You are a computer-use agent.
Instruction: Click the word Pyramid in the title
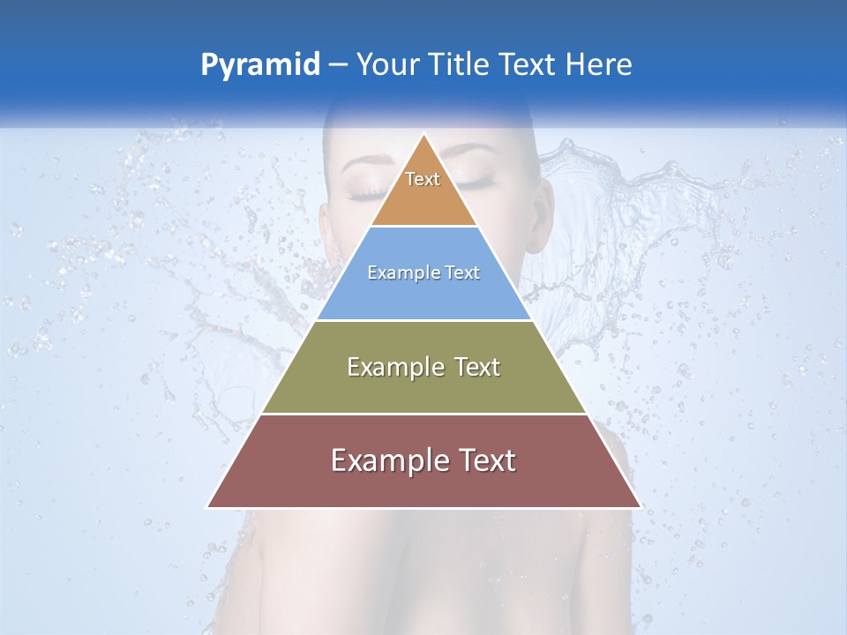(x=259, y=65)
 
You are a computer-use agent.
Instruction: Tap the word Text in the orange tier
(x=423, y=179)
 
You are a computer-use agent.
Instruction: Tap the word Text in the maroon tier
(x=483, y=460)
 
